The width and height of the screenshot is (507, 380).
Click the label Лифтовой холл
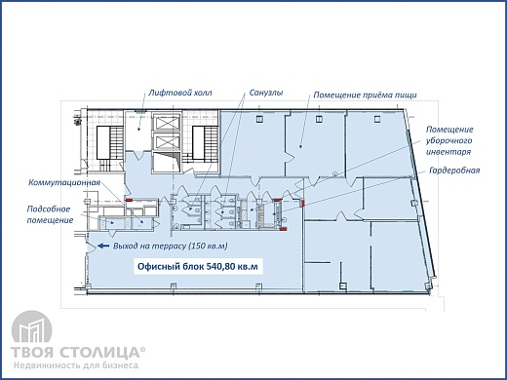point(180,93)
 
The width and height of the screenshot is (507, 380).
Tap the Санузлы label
point(266,93)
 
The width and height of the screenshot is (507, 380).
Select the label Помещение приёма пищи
point(365,95)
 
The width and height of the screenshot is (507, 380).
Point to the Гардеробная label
point(454,171)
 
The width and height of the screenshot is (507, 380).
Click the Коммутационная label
point(64,182)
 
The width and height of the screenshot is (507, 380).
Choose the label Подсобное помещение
point(50,214)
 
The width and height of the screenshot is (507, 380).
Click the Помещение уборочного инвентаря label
point(449,141)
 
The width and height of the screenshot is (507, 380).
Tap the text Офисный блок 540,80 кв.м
point(198,267)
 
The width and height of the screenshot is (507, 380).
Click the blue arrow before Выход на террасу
point(103,246)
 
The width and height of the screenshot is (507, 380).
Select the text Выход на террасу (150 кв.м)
point(171,246)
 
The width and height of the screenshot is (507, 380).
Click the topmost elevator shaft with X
point(166,122)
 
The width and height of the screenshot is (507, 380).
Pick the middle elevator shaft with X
point(166,141)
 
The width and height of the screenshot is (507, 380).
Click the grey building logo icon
point(31,327)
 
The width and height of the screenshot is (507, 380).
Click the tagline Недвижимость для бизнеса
point(76,365)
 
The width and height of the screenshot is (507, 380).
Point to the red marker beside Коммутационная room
point(130,200)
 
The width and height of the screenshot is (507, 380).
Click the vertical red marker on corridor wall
point(303,204)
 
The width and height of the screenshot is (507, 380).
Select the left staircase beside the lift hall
point(110,143)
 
